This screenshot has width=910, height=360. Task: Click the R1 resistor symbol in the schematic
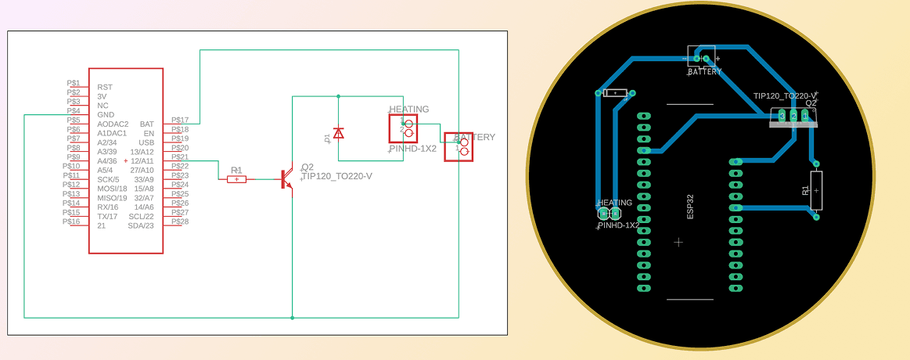[236, 179]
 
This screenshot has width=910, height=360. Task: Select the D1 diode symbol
[338, 134]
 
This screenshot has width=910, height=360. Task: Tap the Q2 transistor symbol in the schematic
[286, 179]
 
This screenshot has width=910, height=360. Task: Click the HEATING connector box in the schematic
[404, 128]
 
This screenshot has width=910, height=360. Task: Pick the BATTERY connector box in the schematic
[459, 147]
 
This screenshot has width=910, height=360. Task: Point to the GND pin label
[106, 114]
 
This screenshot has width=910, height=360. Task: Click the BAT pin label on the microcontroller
[146, 124]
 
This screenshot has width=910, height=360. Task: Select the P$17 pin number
[180, 120]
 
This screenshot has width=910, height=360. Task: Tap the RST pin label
[105, 87]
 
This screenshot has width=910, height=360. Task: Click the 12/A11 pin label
[142, 160]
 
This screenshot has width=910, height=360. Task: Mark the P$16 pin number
[71, 221]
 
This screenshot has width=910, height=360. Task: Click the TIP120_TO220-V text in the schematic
[336, 176]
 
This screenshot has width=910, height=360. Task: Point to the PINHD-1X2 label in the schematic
[412, 149]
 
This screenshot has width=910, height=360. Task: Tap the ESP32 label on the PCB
[690, 207]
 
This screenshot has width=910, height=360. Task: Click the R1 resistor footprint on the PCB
[816, 190]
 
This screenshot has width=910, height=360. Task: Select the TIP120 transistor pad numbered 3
[782, 117]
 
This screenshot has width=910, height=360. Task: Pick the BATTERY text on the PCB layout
[705, 72]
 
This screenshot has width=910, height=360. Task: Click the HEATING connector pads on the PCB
[609, 213]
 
